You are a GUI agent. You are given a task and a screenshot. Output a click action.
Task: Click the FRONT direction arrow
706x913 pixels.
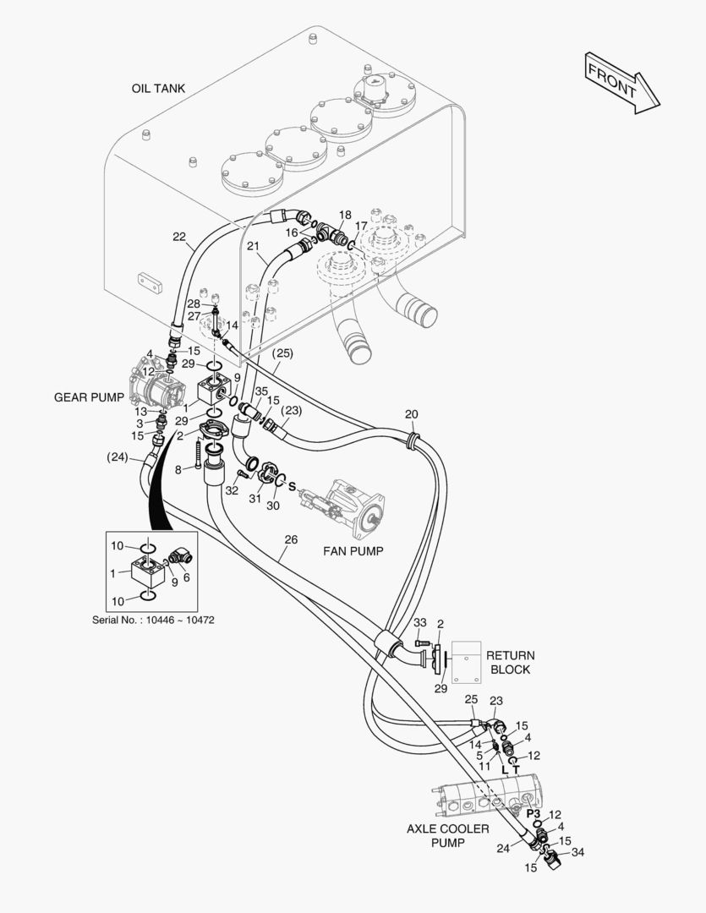pyautogui.click(x=622, y=82)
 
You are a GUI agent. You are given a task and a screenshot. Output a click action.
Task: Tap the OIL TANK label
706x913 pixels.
pyautogui.click(x=158, y=88)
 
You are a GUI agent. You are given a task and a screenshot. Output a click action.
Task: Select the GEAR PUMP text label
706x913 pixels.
pyautogui.click(x=89, y=396)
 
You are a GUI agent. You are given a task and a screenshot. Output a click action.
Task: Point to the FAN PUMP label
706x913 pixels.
pyautogui.click(x=353, y=550)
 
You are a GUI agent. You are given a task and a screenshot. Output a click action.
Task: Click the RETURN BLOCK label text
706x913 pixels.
pyautogui.click(x=510, y=662)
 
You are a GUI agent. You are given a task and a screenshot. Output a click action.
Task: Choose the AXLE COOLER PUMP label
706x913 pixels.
pyautogui.click(x=447, y=835)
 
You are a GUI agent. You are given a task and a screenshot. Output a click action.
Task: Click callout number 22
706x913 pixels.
pyautogui.click(x=179, y=237)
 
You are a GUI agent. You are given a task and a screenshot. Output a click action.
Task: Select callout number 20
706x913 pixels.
pyautogui.click(x=411, y=414)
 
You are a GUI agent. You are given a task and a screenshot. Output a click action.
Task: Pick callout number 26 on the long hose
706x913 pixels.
pyautogui.click(x=291, y=539)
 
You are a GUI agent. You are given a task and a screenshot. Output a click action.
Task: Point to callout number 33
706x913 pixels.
pyautogui.click(x=419, y=623)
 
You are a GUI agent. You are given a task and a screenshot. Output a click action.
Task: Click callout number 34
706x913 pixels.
pyautogui.click(x=578, y=852)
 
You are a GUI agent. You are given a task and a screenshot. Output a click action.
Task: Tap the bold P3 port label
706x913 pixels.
pyautogui.click(x=533, y=813)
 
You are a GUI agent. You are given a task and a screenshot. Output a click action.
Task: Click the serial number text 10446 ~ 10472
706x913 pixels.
pyautogui.click(x=153, y=620)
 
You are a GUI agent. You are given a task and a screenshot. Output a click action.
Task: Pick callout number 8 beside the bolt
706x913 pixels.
pyautogui.click(x=178, y=468)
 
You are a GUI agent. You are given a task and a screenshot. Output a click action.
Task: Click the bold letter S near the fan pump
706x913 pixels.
pyautogui.click(x=292, y=487)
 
